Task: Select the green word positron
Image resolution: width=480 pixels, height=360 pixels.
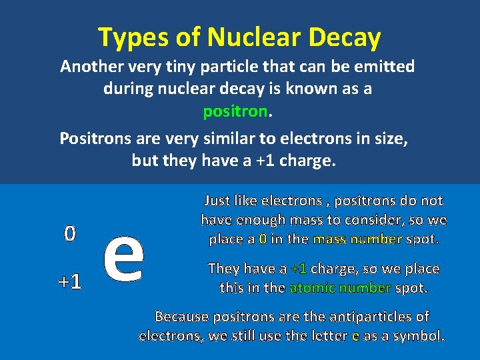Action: tap(235, 111)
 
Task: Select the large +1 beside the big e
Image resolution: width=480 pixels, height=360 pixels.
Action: tap(69, 282)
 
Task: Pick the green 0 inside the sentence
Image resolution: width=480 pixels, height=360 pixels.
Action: tap(263, 239)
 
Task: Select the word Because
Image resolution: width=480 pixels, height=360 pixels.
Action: tap(182, 317)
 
